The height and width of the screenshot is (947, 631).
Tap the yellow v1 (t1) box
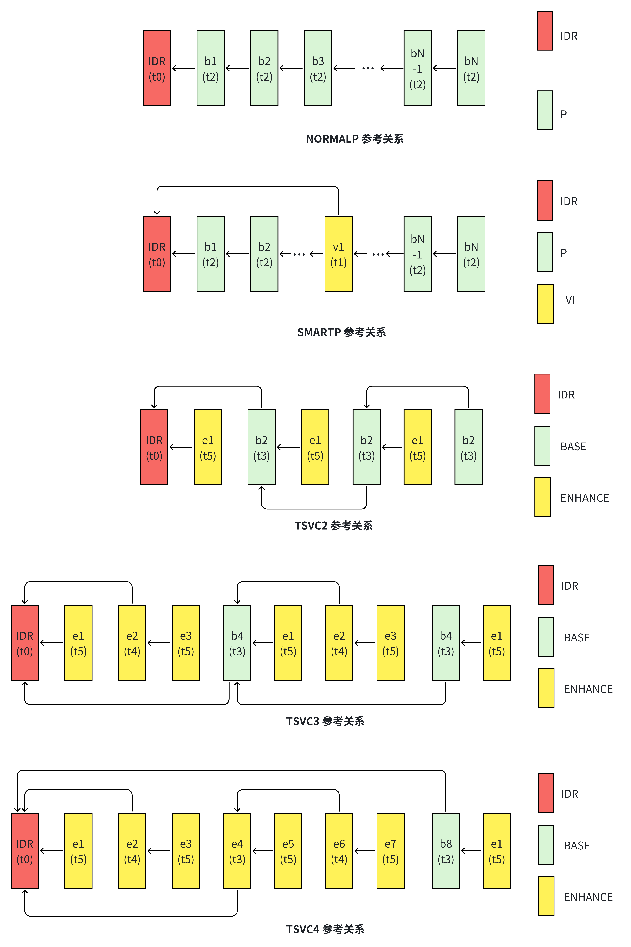click(x=338, y=254)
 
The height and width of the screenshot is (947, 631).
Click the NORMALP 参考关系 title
click(x=354, y=139)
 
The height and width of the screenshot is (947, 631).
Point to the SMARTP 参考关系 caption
click(x=341, y=332)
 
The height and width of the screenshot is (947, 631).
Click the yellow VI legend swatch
click(x=545, y=304)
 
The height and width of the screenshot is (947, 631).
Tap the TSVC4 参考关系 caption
click(x=325, y=929)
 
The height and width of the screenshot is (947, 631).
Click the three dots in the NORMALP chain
click(x=368, y=68)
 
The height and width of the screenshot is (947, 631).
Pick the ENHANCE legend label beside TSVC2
click(x=585, y=498)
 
